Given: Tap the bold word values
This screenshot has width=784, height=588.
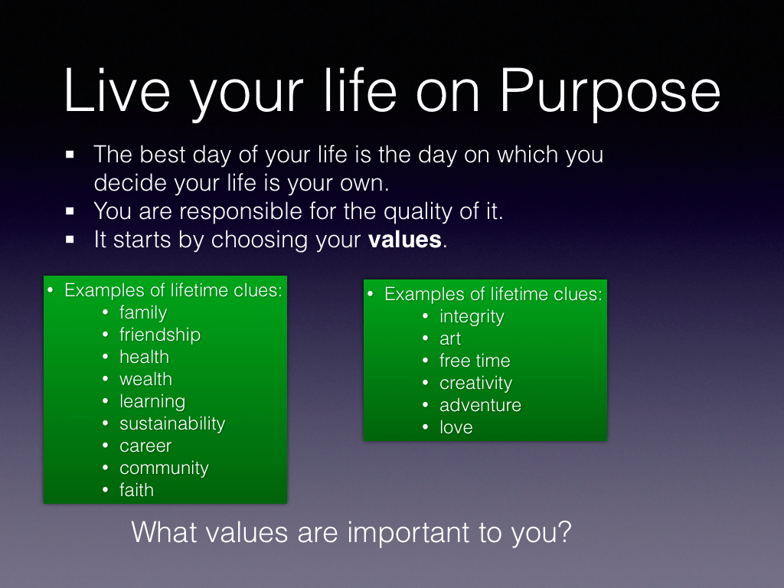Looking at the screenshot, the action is (x=404, y=240).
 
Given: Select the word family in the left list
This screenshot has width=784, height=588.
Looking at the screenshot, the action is (x=143, y=313).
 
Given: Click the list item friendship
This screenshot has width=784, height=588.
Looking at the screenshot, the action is (x=160, y=335).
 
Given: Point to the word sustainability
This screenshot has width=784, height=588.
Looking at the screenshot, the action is (x=172, y=424).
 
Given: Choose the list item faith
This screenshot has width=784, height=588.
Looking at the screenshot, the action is (x=136, y=490).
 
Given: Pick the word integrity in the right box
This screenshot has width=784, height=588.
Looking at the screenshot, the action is (x=472, y=317).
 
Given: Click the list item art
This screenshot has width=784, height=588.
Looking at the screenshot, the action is (x=450, y=339).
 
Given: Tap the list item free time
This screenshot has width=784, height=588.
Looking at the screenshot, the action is (x=475, y=361).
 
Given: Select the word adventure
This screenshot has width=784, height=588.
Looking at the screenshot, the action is (x=481, y=405).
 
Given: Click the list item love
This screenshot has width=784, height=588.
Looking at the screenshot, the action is (x=456, y=427).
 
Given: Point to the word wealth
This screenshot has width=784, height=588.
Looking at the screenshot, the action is (x=145, y=379).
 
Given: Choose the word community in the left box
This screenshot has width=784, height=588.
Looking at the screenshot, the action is (x=164, y=469).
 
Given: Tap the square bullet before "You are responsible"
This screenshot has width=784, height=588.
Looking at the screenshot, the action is (x=70, y=211).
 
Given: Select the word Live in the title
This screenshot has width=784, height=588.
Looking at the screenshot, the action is (x=117, y=90).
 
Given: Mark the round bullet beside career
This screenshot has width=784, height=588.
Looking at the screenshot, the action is (x=105, y=446).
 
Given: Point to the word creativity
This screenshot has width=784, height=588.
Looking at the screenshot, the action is (x=476, y=384).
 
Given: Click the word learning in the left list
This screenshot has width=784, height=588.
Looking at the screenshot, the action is (x=152, y=402).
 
